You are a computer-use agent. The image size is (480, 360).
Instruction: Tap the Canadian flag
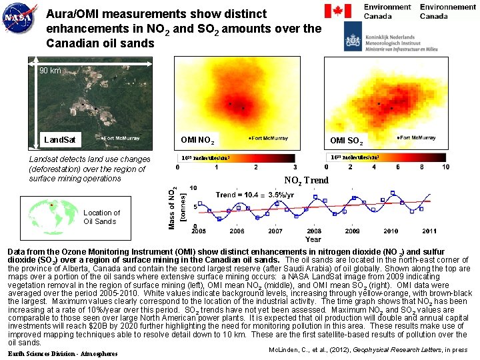pos(337,11)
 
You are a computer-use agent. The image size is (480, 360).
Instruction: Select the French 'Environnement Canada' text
pos(447,11)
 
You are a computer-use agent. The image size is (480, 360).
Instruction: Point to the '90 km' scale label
pos(50,71)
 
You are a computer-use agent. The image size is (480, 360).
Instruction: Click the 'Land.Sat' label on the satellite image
pos(59,140)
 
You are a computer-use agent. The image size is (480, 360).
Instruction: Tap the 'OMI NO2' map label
pos(197,140)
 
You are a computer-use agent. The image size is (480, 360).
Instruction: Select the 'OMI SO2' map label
pos(347,140)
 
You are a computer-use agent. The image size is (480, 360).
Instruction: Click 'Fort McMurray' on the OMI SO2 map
pos(417,137)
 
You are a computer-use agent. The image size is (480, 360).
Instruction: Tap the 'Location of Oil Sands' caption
pos(102,217)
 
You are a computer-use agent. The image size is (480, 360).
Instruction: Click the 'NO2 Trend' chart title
pos(306,180)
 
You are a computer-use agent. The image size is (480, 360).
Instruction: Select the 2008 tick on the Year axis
pos(314,231)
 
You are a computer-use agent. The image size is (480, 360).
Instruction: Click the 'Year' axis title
pos(313,239)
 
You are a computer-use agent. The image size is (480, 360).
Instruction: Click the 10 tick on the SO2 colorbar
pos(445,167)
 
